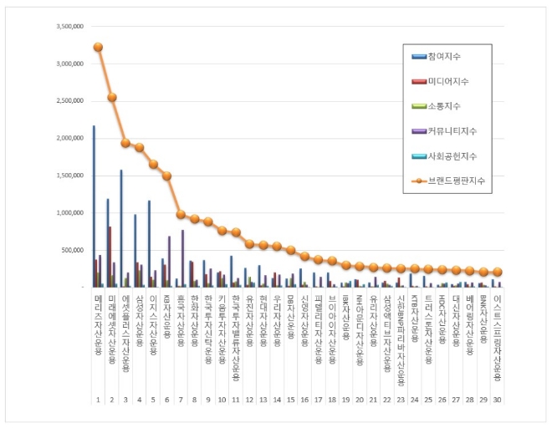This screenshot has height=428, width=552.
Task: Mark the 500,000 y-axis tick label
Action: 70,250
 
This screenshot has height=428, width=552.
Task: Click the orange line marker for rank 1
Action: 98,47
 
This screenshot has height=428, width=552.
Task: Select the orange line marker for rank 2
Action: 111,97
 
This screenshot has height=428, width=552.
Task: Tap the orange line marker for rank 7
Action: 180,214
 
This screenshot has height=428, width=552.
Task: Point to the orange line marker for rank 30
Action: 498,272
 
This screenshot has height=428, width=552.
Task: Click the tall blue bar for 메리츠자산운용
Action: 94,206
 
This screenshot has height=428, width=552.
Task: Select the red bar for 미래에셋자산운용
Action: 110,257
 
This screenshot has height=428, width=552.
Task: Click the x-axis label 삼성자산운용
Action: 139,325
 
